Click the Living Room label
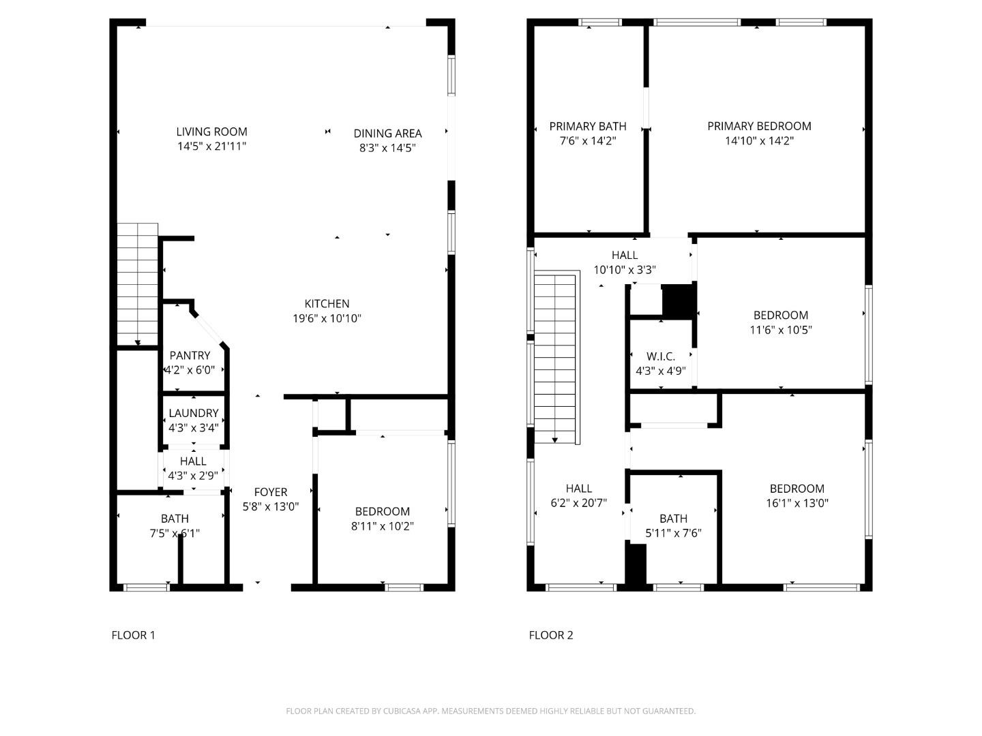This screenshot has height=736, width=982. coord(211,132)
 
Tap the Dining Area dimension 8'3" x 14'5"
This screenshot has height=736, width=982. coord(387,148)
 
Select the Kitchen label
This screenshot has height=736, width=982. coord(327,304)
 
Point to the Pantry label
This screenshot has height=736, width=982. coord(190,355)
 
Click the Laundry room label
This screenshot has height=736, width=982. coord(194,413)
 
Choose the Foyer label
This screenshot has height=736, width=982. coord(271,492)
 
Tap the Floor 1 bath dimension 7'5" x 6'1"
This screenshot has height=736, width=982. coord(175,534)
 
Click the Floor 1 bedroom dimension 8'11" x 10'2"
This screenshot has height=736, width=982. coord(382,526)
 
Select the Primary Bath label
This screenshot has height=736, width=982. coord(587,126)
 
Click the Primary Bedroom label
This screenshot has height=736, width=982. coord(759,126)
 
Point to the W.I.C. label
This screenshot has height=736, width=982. coord(660,356)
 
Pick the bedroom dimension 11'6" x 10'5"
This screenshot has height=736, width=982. coord(781,330)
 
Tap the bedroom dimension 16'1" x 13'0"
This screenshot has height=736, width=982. coord(797,504)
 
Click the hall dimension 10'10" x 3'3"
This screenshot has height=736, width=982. coord(625,270)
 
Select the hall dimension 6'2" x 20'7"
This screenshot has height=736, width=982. coord(578,504)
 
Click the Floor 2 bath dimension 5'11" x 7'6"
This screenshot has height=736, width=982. coord(673,534)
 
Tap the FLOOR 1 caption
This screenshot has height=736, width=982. coord(133,635)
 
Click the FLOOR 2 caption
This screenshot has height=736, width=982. coord(551,635)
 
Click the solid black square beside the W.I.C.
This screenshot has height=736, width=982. coord(678,301)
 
